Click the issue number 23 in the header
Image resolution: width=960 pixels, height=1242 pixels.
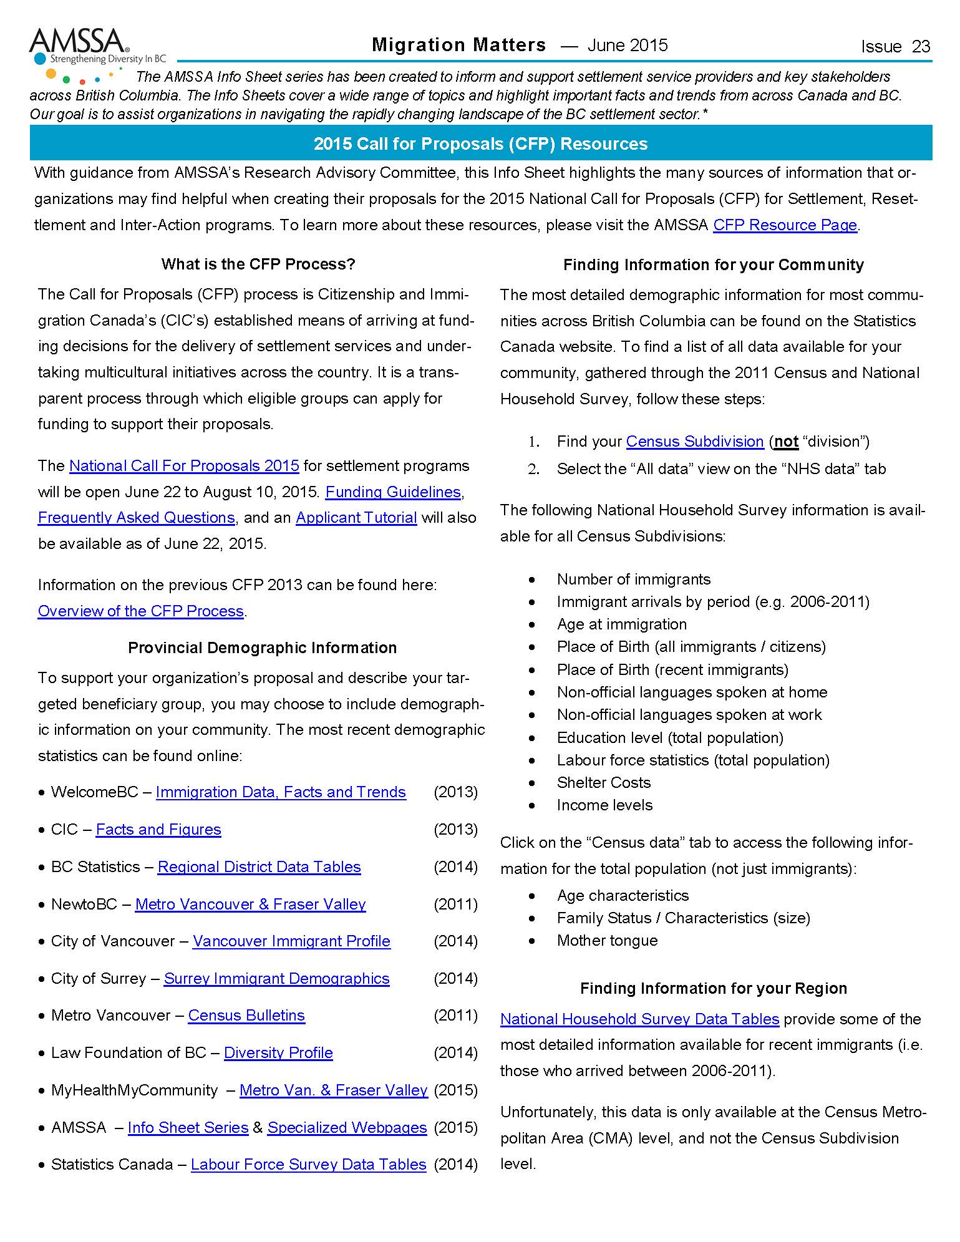[x=920, y=47]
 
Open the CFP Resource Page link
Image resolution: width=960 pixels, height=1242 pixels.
[x=785, y=225]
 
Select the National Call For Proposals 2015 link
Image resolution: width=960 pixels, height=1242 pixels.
[x=184, y=466]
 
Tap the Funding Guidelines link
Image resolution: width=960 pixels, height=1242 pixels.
[x=393, y=492]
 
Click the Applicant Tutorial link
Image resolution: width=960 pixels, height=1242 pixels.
[x=356, y=518]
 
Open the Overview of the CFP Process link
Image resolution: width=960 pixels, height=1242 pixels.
[x=140, y=611]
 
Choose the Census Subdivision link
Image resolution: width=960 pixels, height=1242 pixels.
[x=695, y=442]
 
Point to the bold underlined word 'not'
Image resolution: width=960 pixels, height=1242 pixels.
[x=786, y=442]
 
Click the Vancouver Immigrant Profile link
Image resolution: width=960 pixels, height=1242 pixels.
[x=291, y=941]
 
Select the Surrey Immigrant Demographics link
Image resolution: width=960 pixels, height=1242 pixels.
[x=276, y=979]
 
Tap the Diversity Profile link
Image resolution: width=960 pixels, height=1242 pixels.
[x=278, y=1053]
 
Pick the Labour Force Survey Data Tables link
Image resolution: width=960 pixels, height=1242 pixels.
[x=308, y=1165]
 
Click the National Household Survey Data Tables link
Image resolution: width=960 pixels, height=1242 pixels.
[x=639, y=1019]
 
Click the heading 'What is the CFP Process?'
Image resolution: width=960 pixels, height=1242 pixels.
[x=258, y=264]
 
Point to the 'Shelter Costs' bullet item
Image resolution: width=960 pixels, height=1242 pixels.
[x=603, y=783]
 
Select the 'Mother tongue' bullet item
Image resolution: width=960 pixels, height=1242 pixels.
[x=607, y=941]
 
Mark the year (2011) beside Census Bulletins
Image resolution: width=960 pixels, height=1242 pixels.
[x=455, y=1016]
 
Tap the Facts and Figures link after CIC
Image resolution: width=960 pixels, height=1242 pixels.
[x=158, y=830]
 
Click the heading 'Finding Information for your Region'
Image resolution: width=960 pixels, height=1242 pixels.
[x=714, y=989]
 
